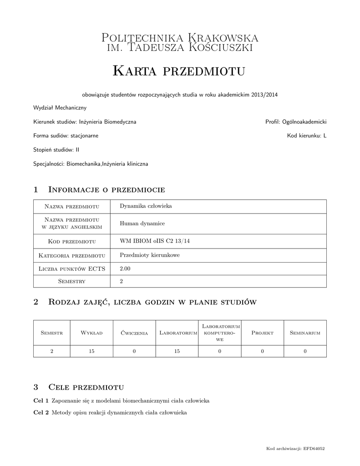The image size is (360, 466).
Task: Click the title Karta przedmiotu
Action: (179, 71)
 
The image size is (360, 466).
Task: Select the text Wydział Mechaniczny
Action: (60, 108)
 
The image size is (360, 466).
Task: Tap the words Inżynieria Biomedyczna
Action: (107, 122)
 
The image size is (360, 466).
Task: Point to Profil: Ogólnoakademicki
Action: (296, 122)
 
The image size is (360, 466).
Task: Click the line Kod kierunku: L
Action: (307, 136)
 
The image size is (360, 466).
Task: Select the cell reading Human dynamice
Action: (142, 223)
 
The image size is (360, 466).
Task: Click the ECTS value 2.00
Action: (125, 269)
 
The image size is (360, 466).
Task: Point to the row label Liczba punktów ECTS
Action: (72, 269)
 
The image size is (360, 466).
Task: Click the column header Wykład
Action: (91, 333)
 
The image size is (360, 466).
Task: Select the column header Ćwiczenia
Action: (134, 333)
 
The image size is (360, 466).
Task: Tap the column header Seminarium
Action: (305, 333)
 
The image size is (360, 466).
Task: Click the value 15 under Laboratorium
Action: (177, 351)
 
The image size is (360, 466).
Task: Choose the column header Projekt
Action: (262, 333)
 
